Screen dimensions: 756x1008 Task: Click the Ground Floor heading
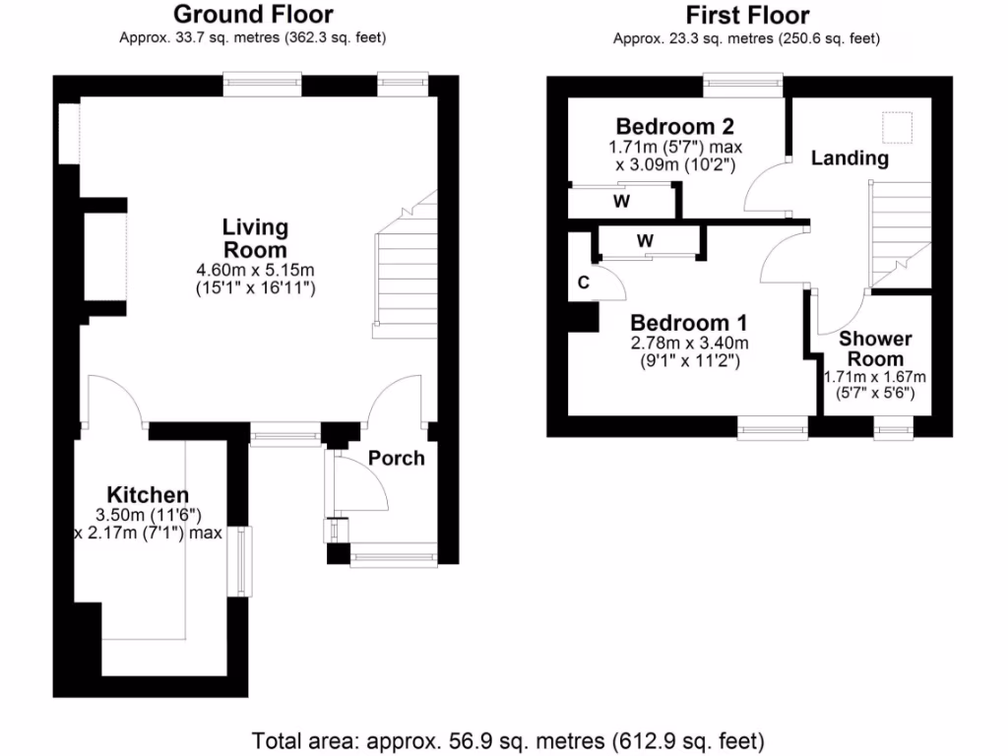tap(253, 15)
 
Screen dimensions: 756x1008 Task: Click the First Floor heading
tap(747, 15)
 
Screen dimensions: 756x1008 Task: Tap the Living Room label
tap(255, 238)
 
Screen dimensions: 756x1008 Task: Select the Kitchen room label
tap(148, 494)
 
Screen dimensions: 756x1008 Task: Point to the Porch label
tap(396, 458)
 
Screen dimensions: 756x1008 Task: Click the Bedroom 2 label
tap(674, 126)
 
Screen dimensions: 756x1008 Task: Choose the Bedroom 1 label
tap(689, 323)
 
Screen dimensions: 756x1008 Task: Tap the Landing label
tap(849, 157)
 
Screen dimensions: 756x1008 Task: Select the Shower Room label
tap(874, 348)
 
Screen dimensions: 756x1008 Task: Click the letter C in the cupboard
tap(583, 283)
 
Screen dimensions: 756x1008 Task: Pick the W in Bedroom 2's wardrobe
tap(621, 202)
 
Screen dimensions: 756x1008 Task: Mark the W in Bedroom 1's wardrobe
tap(645, 241)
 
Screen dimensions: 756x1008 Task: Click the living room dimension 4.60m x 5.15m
tap(255, 270)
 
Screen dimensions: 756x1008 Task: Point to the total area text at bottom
tap(508, 739)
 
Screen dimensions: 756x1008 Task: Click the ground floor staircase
tap(404, 276)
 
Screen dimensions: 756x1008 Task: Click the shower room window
tap(893, 427)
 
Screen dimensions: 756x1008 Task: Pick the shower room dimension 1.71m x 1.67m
tap(874, 377)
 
